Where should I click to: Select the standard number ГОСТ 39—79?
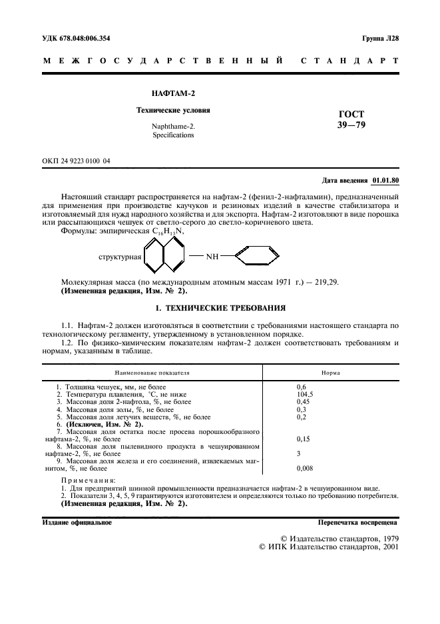pyautogui.click(x=351, y=119)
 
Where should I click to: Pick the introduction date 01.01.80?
pyautogui.click(x=385, y=180)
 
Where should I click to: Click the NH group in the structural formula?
pyautogui.click(x=212, y=255)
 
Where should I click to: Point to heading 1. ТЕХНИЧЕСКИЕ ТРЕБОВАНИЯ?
pyautogui.click(x=220, y=308)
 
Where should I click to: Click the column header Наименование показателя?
pyautogui.click(x=152, y=373)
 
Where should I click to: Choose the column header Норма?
pyautogui.click(x=331, y=373)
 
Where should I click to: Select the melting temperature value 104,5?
pyautogui.click(x=304, y=395)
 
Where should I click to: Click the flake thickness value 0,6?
pyautogui.click(x=300, y=387)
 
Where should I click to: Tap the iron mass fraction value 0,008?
pyautogui.click(x=304, y=468)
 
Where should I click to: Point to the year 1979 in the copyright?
pyautogui.click(x=385, y=537)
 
